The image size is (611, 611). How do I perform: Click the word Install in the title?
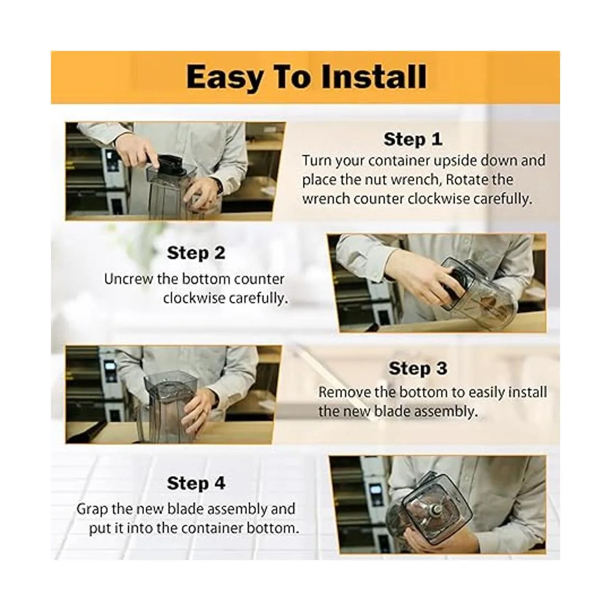pos(374,77)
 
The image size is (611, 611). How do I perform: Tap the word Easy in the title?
pos(224,78)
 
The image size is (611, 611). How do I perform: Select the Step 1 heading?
pos(413,139)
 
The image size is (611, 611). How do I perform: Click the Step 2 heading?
pos(196,253)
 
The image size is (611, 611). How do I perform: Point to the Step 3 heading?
pos(418,369)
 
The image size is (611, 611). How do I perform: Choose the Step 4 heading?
pos(196,484)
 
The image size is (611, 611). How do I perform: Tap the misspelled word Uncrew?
pos(128,280)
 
